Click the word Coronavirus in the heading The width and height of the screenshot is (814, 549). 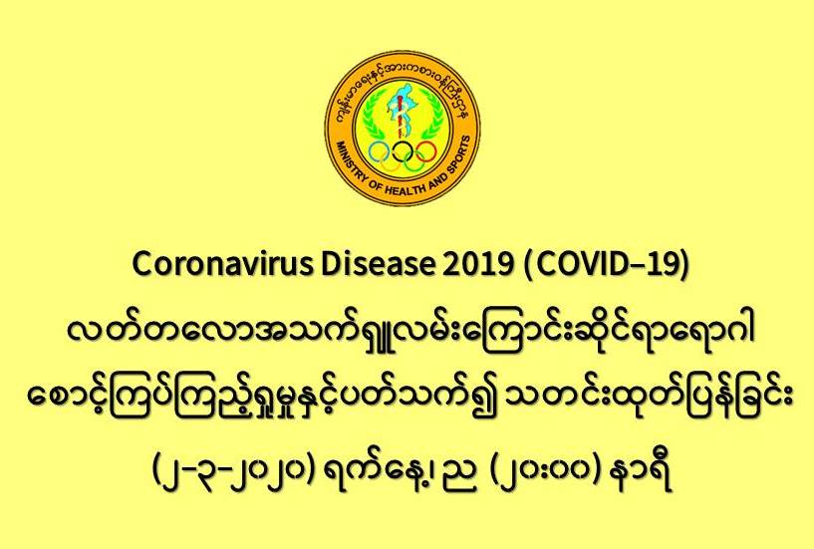pyautogui.click(x=223, y=264)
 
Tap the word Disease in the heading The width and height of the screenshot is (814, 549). pyautogui.click(x=378, y=264)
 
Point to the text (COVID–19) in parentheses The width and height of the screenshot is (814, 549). pyautogui.click(x=606, y=265)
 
